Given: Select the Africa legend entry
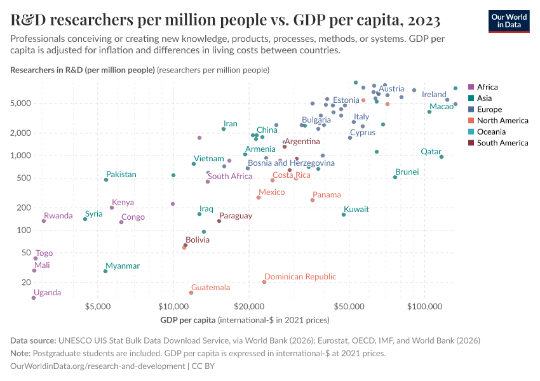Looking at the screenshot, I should point(487,87).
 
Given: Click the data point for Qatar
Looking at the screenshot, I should point(442,157).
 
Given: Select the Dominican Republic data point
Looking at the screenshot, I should point(264,282).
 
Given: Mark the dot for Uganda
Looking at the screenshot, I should point(34,297).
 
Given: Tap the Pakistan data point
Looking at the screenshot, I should point(106,180).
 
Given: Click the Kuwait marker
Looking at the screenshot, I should point(344,215).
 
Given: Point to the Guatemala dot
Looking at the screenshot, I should point(191,293).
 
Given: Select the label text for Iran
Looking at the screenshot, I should point(230,124).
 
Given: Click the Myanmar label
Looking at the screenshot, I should point(123,266).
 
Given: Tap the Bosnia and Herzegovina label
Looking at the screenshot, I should point(291,163).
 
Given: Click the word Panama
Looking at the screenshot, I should point(327,195).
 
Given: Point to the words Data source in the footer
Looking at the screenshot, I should point(33,340).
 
